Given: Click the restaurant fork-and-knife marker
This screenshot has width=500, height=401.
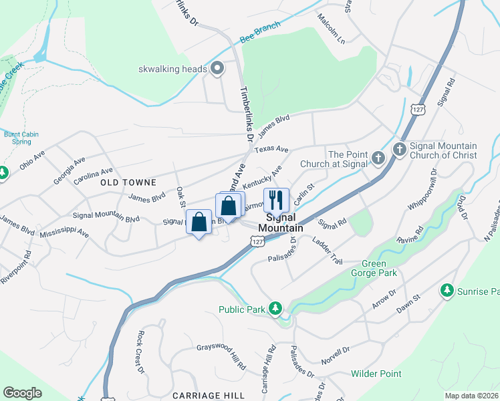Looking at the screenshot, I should [275, 200].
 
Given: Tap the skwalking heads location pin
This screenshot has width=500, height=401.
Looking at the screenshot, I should [217, 68].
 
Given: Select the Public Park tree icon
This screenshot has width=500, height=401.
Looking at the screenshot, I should [274, 308].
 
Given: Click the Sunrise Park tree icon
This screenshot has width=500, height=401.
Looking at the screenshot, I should [447, 291].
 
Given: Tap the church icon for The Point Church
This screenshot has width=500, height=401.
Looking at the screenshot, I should [378, 158].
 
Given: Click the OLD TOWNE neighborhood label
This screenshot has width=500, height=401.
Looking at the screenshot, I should [128, 182].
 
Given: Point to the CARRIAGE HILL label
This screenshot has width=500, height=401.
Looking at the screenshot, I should [209, 396].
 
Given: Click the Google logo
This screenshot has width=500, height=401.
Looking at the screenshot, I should [22, 393].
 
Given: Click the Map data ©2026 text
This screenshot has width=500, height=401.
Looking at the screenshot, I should [471, 396].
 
